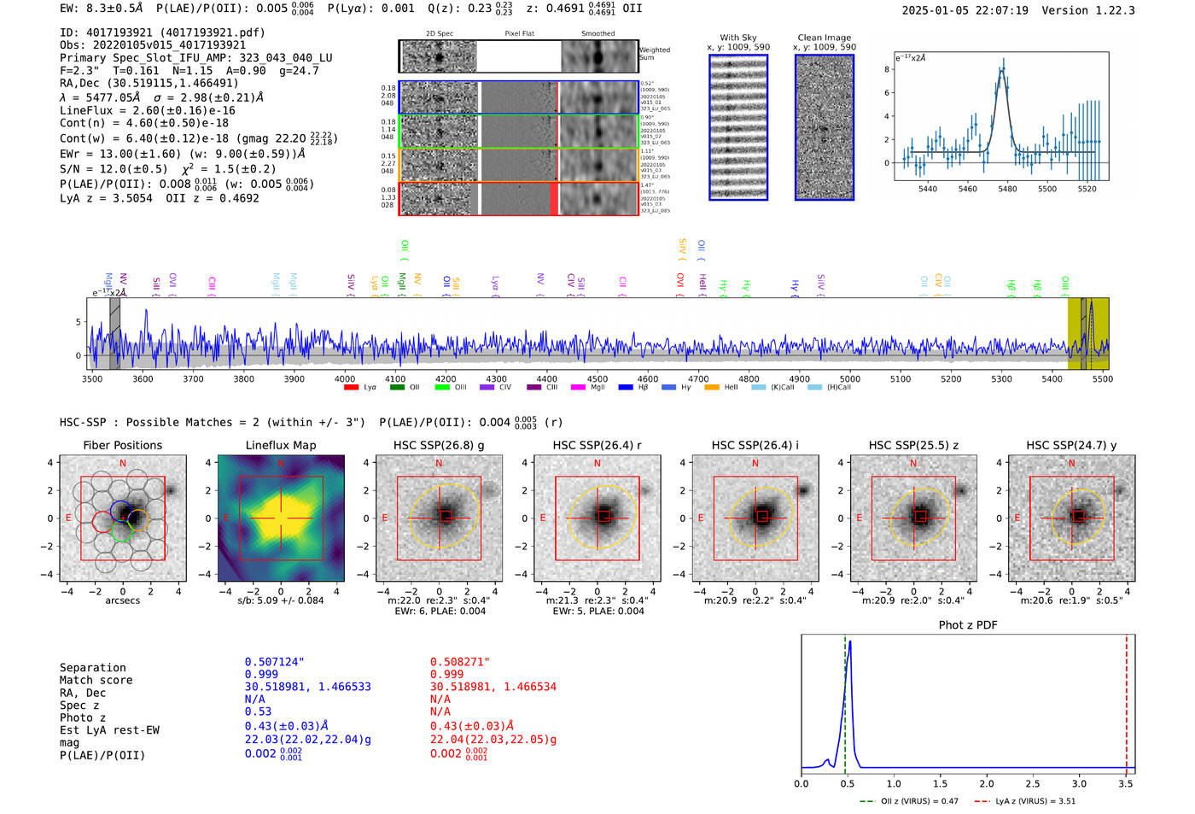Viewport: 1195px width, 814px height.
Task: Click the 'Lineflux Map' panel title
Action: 280,445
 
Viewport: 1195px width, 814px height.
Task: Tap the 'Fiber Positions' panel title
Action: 122,445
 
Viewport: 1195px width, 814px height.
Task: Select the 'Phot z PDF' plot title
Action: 967,624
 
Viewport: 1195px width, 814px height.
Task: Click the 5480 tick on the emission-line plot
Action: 1007,189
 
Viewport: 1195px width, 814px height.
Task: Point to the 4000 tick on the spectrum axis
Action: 345,378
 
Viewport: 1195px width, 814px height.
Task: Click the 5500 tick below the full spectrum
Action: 1102,378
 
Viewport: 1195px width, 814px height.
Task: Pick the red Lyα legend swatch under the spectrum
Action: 351,388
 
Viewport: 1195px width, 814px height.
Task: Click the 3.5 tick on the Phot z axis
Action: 1126,783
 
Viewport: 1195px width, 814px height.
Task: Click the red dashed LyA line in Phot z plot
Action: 1126,700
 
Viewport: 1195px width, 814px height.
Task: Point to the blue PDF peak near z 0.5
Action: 849,642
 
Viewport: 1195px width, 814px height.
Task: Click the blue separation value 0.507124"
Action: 274,662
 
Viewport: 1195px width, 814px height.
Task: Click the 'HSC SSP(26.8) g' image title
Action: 438,445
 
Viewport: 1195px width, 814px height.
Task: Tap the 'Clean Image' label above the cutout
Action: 824,38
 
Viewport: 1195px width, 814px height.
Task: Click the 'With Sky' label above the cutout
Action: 737,38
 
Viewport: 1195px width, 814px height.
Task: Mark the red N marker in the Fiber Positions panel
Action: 123,463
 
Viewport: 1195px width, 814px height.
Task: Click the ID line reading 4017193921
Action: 162,32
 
